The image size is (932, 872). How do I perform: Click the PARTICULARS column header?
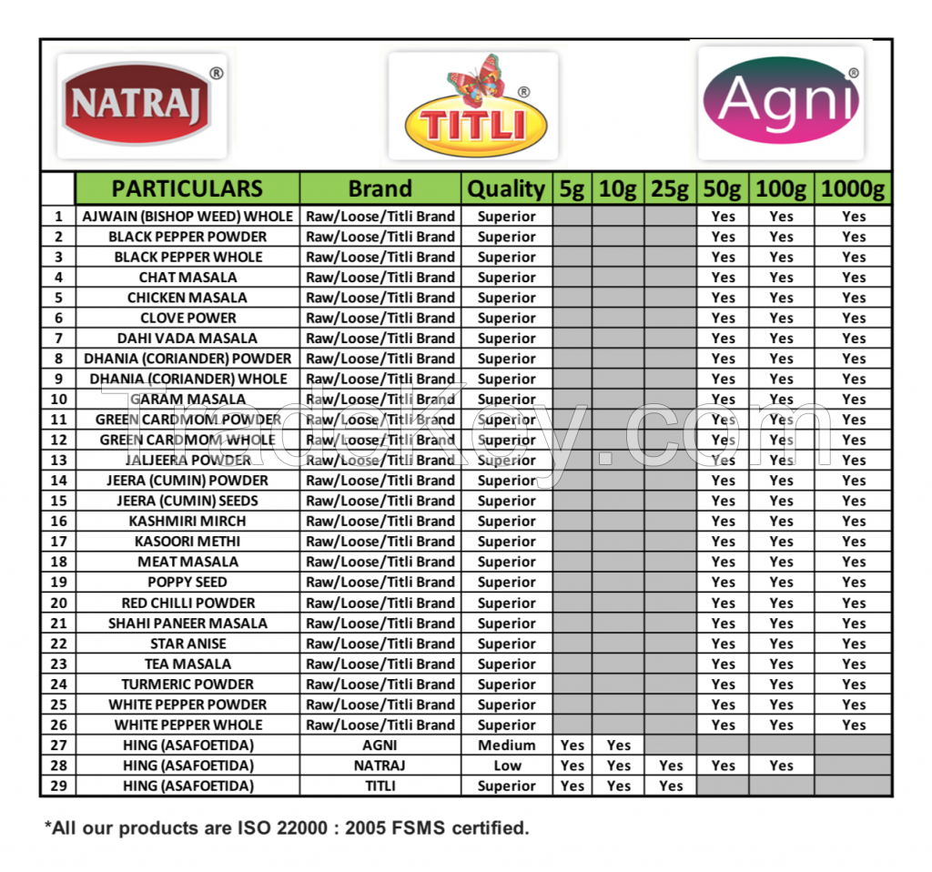tap(187, 188)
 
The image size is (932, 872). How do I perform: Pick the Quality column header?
tap(506, 188)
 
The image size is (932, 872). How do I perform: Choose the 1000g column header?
tap(853, 188)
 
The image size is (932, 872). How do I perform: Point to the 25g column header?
tap(670, 188)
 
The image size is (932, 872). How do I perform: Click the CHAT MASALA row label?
tap(187, 277)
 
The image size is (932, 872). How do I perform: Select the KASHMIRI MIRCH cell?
tap(187, 521)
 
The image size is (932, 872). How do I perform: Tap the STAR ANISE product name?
tap(187, 644)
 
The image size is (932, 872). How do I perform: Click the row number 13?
tap(58, 460)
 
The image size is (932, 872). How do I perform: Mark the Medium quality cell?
tap(507, 745)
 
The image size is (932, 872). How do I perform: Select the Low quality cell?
tap(507, 766)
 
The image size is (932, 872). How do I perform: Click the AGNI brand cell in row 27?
tap(380, 745)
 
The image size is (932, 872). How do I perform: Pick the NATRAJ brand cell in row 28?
tap(380, 766)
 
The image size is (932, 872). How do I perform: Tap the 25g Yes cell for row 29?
tap(670, 786)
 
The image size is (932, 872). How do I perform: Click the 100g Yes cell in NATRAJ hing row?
tap(781, 766)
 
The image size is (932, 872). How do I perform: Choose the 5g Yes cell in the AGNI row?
tap(572, 745)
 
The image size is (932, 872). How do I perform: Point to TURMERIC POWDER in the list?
tap(187, 684)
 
